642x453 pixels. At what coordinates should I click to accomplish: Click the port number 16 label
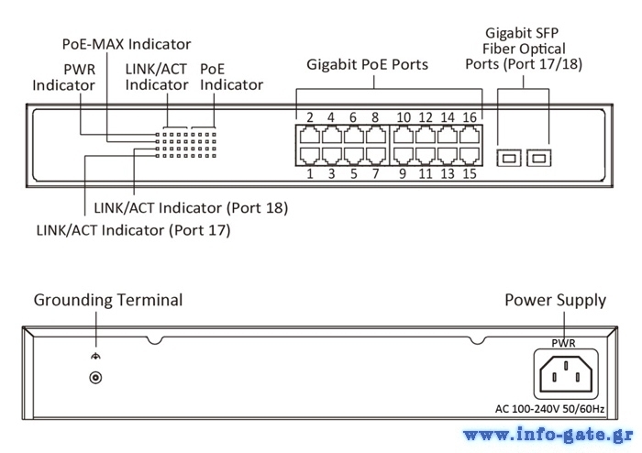click(x=470, y=117)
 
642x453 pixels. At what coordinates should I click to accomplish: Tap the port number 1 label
click(x=310, y=173)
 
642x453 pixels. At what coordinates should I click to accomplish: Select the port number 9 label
click(x=403, y=173)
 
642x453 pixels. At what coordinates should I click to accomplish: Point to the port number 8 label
click(x=375, y=117)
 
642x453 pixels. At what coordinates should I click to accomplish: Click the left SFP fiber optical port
click(x=506, y=159)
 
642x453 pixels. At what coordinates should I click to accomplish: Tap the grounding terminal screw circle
click(x=92, y=377)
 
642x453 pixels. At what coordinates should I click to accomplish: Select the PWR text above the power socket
click(x=563, y=343)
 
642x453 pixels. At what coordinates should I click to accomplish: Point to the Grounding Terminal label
click(x=108, y=300)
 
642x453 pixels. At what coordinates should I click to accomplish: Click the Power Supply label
click(x=555, y=300)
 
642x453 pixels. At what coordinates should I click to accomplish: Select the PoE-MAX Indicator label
click(x=127, y=43)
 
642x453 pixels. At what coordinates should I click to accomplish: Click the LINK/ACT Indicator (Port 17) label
click(x=133, y=230)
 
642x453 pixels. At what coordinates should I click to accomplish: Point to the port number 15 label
click(x=470, y=173)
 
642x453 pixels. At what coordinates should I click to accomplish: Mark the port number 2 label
click(x=310, y=117)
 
